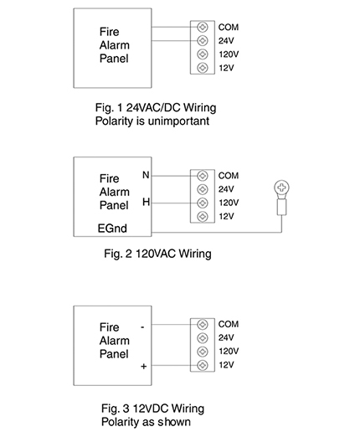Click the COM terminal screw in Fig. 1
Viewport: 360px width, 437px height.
pos(203,27)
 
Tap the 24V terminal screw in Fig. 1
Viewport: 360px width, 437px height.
pos(203,40)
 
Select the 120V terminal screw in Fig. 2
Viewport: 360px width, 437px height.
pos(203,203)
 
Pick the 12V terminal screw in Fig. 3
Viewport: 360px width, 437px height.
pos(203,365)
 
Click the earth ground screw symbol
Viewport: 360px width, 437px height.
pos(281,188)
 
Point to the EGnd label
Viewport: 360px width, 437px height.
pos(112,229)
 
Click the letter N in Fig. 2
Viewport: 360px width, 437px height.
pos(146,175)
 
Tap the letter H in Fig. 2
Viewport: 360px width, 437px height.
pos(146,202)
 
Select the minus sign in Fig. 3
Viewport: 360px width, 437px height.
pos(142,326)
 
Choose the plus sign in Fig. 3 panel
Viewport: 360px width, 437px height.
pos(143,366)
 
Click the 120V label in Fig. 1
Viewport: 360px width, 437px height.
pos(229,54)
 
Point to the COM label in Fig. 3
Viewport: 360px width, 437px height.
pos(229,324)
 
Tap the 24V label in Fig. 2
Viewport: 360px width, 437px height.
pos(226,189)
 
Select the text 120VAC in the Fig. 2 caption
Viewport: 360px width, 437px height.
pos(156,254)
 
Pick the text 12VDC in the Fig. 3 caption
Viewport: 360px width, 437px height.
pos(150,409)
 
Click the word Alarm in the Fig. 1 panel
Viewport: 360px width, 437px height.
pos(115,45)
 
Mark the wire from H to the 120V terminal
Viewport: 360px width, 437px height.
pos(174,203)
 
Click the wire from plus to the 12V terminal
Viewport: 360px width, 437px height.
pos(174,365)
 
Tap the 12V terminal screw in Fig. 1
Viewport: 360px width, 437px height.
pos(203,68)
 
